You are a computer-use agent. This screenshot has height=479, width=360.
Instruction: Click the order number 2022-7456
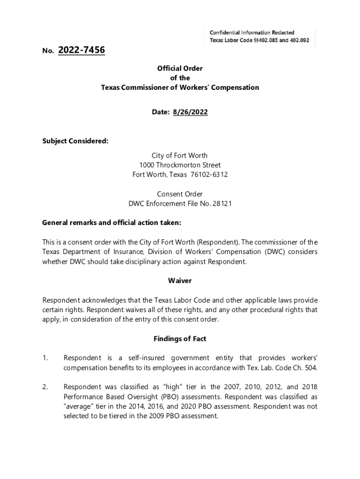(81, 50)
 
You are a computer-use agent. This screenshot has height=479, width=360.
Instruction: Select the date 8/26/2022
(190, 112)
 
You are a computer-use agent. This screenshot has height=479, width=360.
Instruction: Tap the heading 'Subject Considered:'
(75, 141)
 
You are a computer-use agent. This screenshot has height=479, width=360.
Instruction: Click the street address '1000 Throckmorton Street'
(180, 165)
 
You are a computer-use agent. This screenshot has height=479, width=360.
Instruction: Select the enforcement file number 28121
(223, 203)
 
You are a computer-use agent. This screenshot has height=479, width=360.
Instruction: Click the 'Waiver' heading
(180, 281)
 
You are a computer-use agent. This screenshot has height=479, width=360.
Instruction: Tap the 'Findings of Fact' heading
(180, 339)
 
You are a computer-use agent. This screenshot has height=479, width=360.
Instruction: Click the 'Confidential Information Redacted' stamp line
(252, 32)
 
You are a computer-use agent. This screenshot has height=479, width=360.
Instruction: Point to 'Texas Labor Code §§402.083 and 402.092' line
(259, 41)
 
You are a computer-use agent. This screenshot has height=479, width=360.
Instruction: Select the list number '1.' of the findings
(45, 358)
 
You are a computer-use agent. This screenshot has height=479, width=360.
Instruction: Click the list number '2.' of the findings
(45, 387)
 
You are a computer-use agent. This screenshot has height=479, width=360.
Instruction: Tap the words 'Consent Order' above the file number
(180, 194)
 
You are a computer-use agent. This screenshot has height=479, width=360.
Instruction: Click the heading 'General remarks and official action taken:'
(112, 223)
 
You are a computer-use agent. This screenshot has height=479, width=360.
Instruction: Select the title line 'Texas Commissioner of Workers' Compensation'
(180, 87)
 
